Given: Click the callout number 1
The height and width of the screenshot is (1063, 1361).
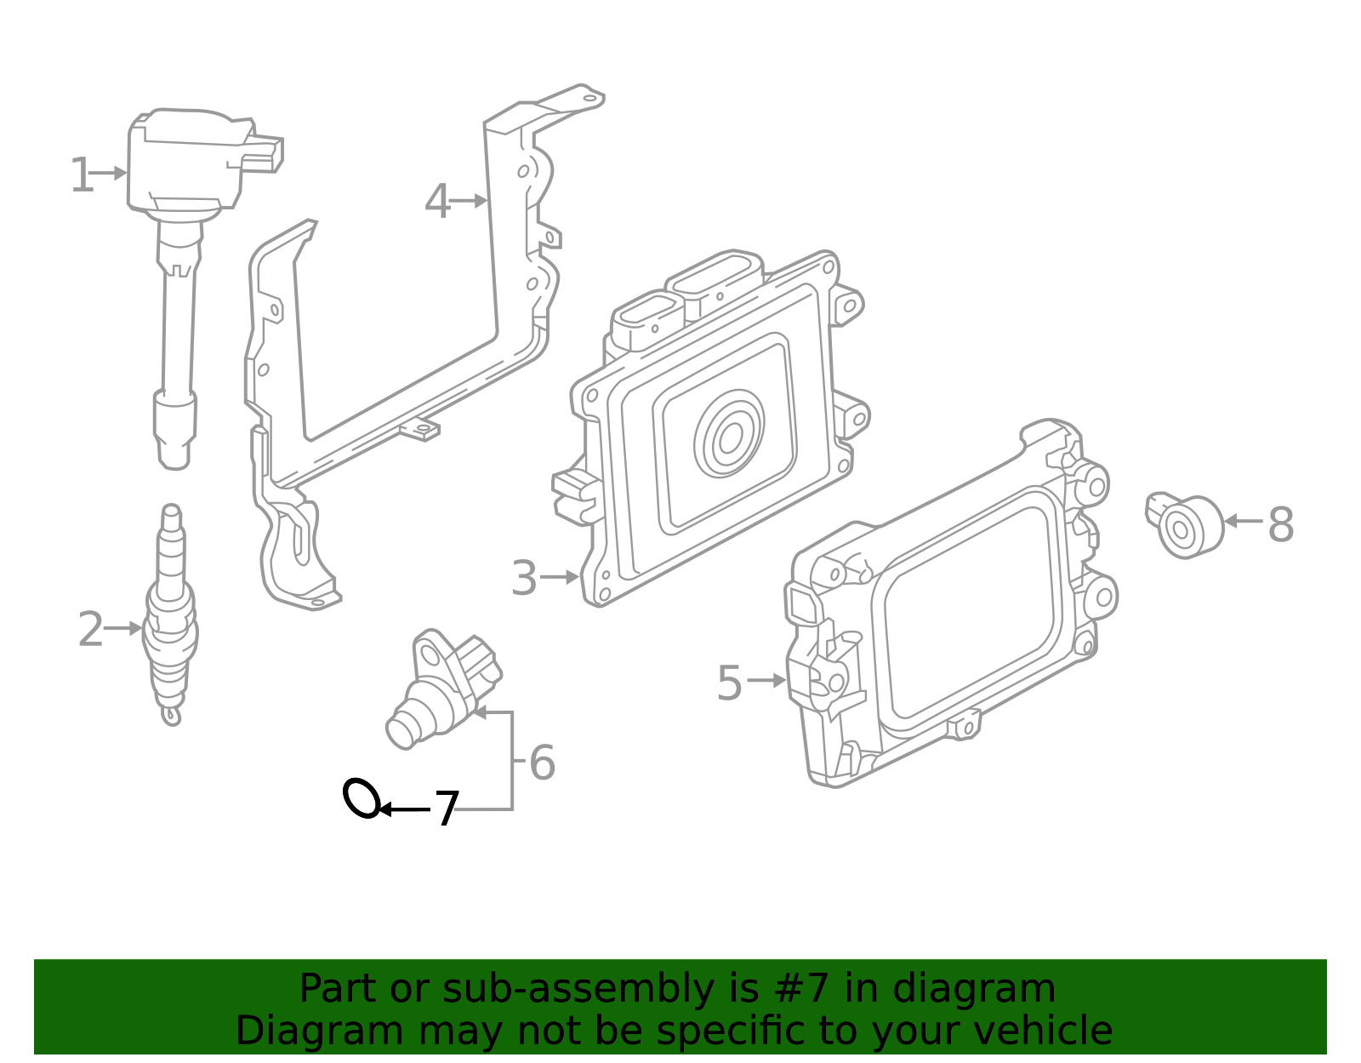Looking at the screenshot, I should click(x=81, y=175).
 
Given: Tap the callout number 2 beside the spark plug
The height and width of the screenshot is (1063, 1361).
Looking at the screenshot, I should click(x=90, y=630).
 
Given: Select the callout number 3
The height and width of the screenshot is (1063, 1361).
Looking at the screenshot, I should click(x=524, y=579).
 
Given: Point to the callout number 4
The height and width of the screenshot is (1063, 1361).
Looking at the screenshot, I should click(x=437, y=203).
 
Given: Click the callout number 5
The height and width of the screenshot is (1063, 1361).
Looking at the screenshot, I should click(x=729, y=683).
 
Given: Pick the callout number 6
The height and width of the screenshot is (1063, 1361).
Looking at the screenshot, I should click(x=542, y=763).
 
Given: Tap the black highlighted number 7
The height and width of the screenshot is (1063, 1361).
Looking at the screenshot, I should click(x=447, y=809).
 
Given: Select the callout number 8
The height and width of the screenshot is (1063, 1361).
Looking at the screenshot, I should click(x=1280, y=525).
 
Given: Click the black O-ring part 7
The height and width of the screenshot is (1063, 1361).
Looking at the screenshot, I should click(x=361, y=798).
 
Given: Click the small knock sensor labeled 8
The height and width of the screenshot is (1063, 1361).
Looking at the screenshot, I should click(x=1184, y=528).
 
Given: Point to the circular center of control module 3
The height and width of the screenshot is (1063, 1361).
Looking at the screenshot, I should click(x=729, y=439).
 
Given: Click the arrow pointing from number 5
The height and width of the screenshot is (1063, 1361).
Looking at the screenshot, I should click(x=766, y=681).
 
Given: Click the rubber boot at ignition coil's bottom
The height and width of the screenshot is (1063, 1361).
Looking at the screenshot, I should click(x=174, y=426).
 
